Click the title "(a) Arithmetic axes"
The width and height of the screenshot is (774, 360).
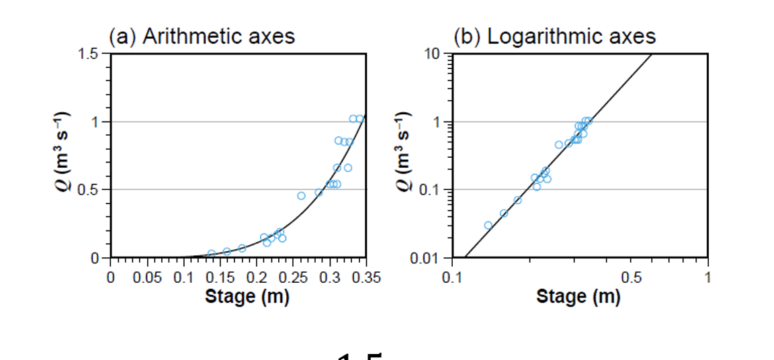click(x=202, y=36)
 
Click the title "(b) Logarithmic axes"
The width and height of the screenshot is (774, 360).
click(x=554, y=36)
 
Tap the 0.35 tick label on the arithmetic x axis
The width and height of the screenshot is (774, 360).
click(x=367, y=278)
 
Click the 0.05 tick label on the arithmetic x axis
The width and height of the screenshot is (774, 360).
click(x=147, y=278)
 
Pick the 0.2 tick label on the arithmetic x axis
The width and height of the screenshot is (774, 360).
click(x=257, y=278)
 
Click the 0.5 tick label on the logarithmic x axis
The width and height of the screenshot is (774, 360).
click(x=631, y=278)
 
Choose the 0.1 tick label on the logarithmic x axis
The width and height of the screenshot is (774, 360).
click(x=452, y=278)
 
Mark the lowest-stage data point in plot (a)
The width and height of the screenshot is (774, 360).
click(x=212, y=254)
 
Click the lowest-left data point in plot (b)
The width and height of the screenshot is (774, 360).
click(x=488, y=225)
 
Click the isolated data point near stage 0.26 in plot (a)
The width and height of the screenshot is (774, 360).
click(x=301, y=195)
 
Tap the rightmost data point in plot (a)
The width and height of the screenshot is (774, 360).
click(x=359, y=119)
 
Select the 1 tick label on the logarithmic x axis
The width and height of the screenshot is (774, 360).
click(x=707, y=278)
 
